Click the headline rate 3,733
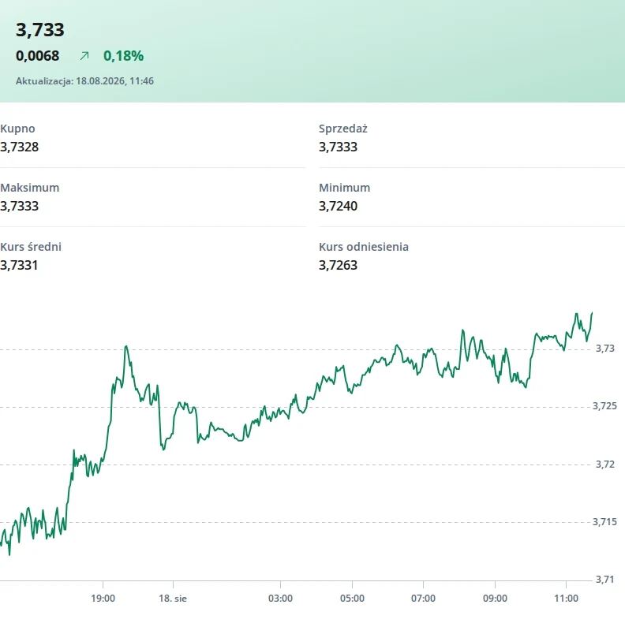pos(40,30)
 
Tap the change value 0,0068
pos(37,56)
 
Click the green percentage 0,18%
pos(124,56)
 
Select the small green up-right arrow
pos(84,56)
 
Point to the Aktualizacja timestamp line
pos(84,81)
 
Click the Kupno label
pos(17,129)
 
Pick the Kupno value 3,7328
pos(19,147)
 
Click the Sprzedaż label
pos(342,129)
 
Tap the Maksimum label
pos(29,188)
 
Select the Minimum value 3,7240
pos(338,206)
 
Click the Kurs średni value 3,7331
pos(19,265)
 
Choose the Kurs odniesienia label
pos(364,247)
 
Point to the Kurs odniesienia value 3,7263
pos(338,265)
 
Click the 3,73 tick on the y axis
pos(605,349)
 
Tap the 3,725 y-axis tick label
pos(604,406)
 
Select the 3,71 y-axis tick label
pos(605,580)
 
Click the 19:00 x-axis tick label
pos(103,599)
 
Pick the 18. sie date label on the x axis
pos(173,599)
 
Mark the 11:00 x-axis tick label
pos(566,599)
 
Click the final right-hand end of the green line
pos(592,313)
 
